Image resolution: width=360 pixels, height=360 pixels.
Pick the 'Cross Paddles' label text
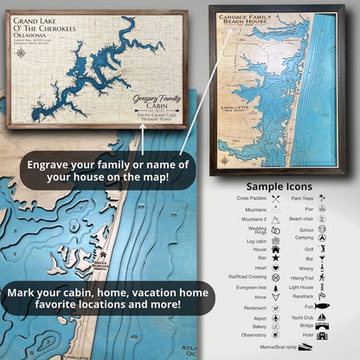(x=252, y=198)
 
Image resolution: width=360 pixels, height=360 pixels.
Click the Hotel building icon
(x=321, y=335)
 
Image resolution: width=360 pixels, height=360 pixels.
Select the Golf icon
(x=321, y=247)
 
